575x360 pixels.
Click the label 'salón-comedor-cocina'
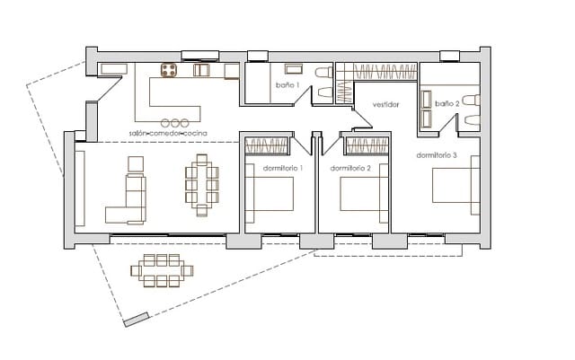tap(168, 133)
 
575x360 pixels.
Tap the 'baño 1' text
tap(286, 85)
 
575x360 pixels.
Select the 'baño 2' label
tap(447, 103)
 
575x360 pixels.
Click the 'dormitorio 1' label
tap(282, 168)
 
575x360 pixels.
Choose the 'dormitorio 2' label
tap(350, 168)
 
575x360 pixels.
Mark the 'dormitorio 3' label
tap(437, 155)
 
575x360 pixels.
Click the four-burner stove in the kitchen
tap(169, 70)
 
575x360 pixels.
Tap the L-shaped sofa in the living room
tap(128, 201)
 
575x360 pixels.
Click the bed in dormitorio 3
tap(455, 189)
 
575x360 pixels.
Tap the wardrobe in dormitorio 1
tap(267, 144)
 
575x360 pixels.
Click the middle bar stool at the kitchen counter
tap(175, 122)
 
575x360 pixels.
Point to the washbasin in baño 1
tap(294, 69)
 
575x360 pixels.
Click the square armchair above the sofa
tap(136, 162)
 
